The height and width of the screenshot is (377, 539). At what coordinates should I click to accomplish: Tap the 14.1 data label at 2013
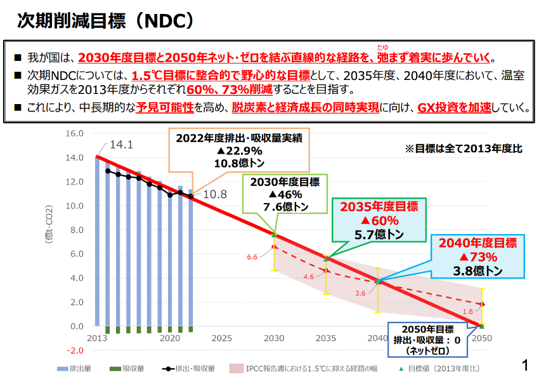pos(121,145)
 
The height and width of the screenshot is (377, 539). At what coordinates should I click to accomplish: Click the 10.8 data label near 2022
pos(214,194)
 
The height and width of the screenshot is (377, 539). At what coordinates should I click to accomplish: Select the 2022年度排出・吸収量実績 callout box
pos(238,150)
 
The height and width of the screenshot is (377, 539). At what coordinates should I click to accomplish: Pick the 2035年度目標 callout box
pos(379,220)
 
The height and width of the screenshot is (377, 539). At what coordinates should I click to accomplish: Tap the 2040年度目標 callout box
pos(477,256)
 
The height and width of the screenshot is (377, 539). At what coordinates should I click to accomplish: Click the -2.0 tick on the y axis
pos(75,350)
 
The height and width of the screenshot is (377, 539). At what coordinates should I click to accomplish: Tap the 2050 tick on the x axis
pos(482,338)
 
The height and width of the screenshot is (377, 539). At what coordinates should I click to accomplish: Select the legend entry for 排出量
pos(76,368)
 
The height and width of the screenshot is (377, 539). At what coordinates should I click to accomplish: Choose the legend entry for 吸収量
pos(125,368)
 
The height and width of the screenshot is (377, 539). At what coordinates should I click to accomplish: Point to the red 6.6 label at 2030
pos(252,257)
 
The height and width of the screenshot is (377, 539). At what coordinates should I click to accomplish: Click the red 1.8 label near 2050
pos(468,312)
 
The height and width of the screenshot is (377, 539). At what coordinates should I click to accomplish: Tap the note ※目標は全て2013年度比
pos(463,149)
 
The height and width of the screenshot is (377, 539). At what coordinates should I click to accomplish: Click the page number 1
pos(524,365)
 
